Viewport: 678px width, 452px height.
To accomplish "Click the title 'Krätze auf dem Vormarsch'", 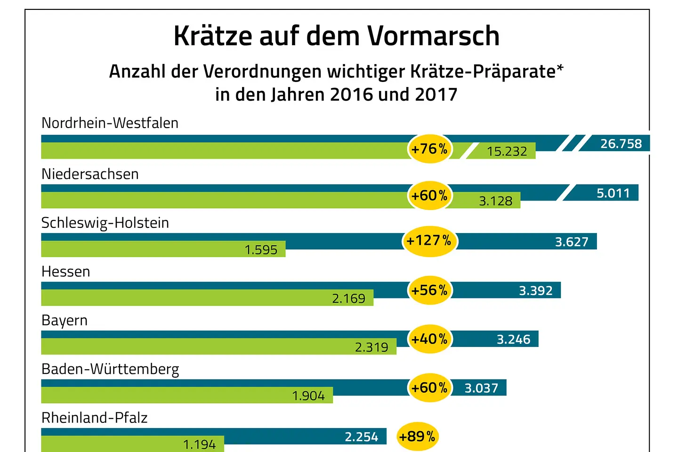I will (x=336, y=36).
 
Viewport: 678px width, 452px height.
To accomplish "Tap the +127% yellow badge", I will (x=429, y=241).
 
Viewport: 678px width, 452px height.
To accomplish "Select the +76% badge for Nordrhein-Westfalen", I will (x=429, y=149).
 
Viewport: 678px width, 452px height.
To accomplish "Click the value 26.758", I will (x=621, y=144).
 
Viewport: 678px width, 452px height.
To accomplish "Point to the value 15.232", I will (x=507, y=152).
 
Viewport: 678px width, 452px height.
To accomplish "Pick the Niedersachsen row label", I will (x=90, y=174).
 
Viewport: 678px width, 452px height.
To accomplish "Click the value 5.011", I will (x=613, y=193).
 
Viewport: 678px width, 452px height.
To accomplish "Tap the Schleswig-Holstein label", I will (x=105, y=223).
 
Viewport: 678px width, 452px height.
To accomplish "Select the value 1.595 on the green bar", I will (x=261, y=250).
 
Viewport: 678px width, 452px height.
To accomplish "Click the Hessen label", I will (x=66, y=272).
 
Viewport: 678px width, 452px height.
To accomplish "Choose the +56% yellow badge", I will (x=429, y=291).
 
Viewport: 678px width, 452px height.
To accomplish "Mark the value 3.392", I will (x=535, y=291).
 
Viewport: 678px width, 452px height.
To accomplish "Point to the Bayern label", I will (x=65, y=321).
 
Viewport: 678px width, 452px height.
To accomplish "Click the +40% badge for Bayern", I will (x=429, y=339).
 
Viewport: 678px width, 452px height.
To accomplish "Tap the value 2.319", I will (x=371, y=347).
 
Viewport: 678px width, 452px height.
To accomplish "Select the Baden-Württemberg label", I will (x=110, y=369).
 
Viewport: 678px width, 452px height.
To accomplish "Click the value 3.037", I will (x=481, y=388).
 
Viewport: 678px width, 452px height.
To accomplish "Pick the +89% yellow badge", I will (x=417, y=436).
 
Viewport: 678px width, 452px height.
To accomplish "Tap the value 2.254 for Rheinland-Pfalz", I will (x=361, y=437).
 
